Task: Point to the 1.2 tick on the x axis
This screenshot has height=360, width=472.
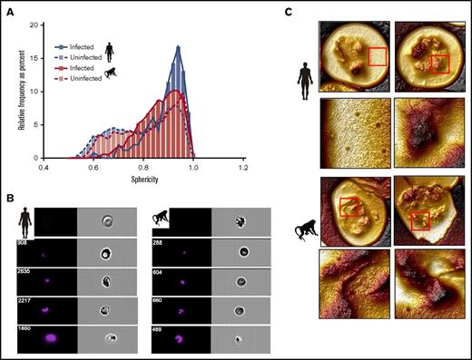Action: (x=243, y=169)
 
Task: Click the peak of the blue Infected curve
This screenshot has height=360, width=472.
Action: (x=178, y=45)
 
